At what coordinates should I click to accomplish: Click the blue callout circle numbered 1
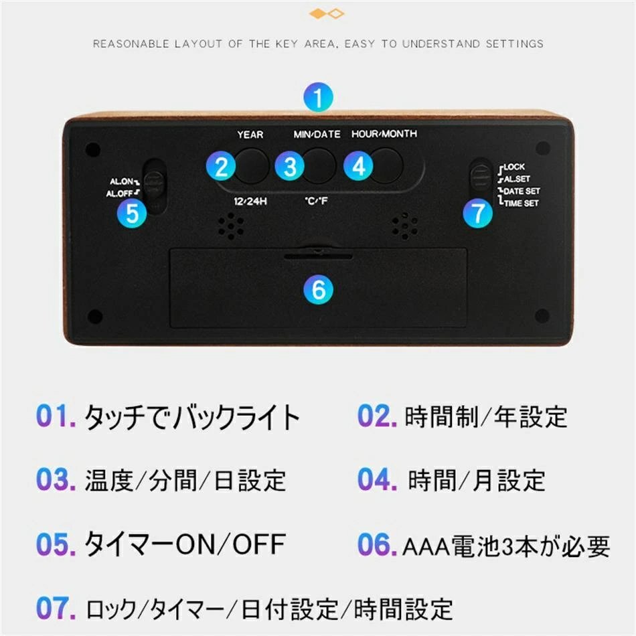(318, 98)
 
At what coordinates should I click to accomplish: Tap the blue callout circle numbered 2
(220, 166)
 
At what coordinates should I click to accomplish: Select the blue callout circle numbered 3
(289, 166)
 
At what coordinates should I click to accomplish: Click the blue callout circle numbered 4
(358, 166)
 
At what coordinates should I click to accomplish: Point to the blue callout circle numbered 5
(132, 213)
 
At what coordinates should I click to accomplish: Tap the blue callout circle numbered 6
(318, 289)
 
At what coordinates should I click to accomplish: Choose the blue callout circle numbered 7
(477, 213)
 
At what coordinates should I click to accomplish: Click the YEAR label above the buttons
(250, 135)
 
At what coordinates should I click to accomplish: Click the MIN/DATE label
(317, 135)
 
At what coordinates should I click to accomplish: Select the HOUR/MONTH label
(384, 134)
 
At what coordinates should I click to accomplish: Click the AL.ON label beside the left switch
(122, 181)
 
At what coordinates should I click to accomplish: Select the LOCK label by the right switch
(514, 167)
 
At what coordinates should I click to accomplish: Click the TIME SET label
(521, 203)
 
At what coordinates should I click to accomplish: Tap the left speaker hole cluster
(230, 226)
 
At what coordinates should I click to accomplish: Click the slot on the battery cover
(318, 255)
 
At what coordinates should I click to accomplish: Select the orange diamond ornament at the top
(326, 13)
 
